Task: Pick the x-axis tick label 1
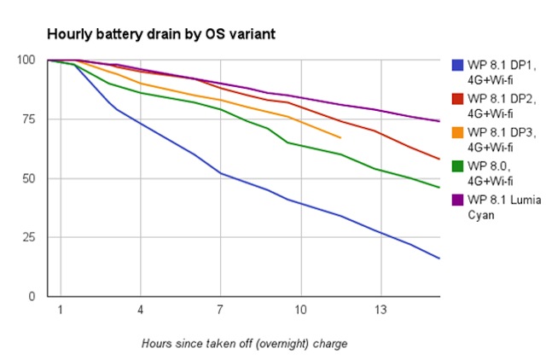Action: point(61,308)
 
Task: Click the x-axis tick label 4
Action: point(140,308)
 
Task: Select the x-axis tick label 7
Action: point(220,308)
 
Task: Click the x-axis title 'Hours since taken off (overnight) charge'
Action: point(244,344)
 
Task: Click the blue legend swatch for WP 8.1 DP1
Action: point(457,65)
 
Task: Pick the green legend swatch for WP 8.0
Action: point(457,165)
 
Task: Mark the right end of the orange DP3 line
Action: point(340,137)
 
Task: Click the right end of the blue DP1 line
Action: point(439,258)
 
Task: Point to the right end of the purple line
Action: point(439,121)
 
